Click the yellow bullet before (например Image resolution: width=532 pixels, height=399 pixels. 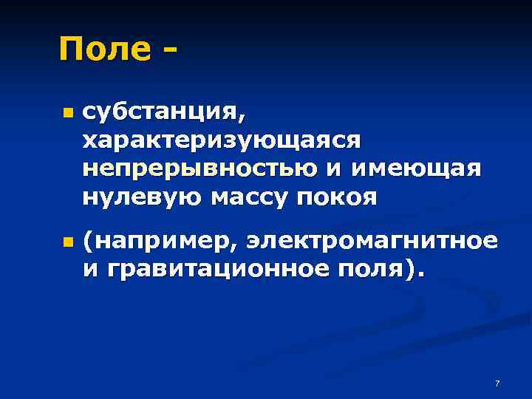(x=67, y=242)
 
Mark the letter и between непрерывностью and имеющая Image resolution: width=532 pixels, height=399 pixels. (x=334, y=169)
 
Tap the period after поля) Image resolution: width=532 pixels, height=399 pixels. (x=422, y=274)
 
